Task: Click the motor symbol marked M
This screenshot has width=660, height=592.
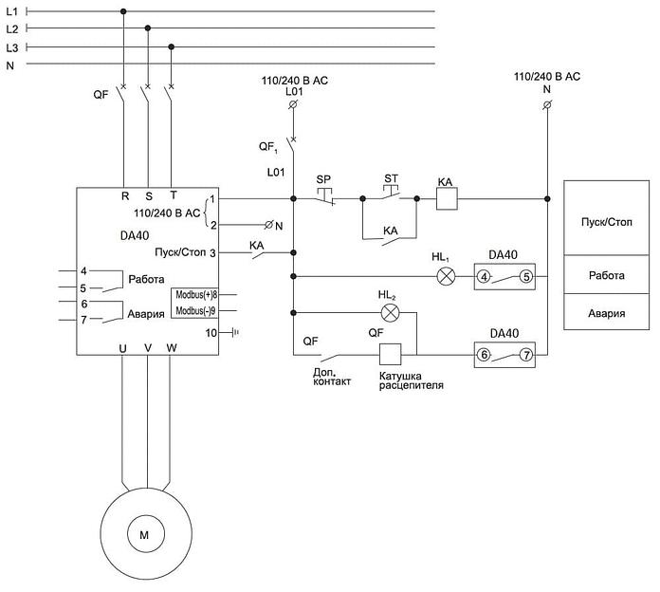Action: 144,535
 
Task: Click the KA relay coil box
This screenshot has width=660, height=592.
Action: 446,199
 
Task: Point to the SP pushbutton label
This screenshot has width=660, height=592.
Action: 323,178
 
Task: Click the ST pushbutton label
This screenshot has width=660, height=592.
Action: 391,177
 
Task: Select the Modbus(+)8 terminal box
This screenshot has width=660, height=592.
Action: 197,295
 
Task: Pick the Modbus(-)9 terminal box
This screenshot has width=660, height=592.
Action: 197,310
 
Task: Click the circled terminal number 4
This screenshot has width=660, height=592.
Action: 484,277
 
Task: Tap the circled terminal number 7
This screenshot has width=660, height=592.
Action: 526,355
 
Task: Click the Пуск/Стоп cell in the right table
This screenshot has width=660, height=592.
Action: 607,221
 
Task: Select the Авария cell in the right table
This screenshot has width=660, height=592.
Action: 607,311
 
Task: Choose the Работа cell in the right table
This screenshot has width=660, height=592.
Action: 607,275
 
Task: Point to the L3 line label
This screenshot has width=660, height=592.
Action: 11,46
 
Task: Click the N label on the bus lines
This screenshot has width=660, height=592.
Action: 10,65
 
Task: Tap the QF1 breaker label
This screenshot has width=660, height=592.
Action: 269,146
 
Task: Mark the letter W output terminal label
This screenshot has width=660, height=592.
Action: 172,348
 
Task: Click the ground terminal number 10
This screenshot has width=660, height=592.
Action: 211,332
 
